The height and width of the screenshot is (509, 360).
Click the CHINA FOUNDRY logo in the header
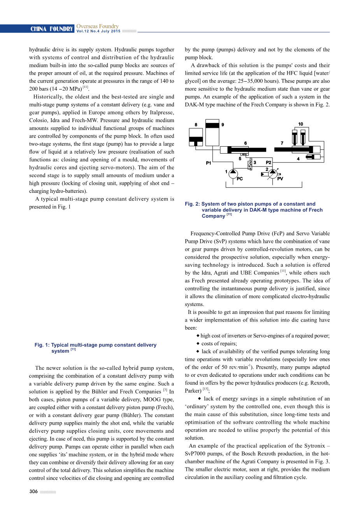tap(52, 29)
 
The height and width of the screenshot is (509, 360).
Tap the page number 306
tap(33, 492)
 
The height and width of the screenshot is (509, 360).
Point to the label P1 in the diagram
tap(209, 163)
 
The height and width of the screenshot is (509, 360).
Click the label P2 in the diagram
tap(269, 163)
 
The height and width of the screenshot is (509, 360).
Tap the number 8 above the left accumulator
tap(196, 125)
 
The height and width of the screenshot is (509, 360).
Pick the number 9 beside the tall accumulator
tap(223, 125)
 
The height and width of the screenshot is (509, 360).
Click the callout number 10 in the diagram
tap(300, 124)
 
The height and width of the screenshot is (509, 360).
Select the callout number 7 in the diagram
tap(282, 143)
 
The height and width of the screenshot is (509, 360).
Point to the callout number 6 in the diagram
tap(246, 143)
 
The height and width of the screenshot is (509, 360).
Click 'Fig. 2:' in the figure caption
tap(192, 204)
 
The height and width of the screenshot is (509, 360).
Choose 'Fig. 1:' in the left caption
tap(42, 345)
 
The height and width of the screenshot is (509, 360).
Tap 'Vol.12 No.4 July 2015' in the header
tap(98, 31)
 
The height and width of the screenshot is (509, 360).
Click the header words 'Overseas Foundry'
tap(97, 26)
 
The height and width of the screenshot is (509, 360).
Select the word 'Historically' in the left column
tap(48, 97)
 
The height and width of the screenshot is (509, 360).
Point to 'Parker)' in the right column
tap(193, 391)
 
